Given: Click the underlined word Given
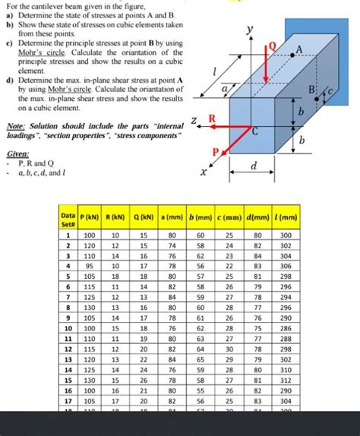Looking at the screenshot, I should [17, 153].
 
